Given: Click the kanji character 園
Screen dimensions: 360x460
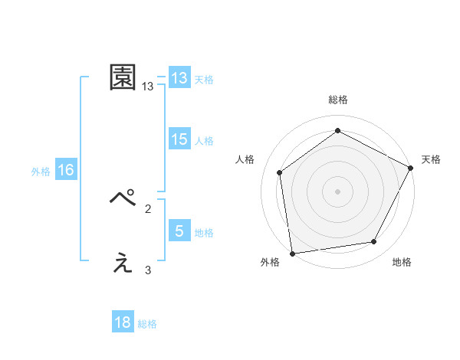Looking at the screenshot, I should coord(123,77).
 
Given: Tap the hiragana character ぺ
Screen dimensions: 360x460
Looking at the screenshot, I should coord(123,200).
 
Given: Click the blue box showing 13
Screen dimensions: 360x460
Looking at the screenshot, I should coord(179,78).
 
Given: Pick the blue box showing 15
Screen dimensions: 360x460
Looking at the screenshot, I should coord(179,139).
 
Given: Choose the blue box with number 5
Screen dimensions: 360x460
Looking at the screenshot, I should coord(179,231).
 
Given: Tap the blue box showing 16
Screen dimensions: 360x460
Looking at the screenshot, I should coord(66,170).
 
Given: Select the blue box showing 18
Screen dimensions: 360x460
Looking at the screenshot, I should coord(123,322).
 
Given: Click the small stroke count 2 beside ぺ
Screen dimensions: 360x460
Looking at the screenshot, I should coord(148,208).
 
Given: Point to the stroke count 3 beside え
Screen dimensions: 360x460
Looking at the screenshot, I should coord(148,270).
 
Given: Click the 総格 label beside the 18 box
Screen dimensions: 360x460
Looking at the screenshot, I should coord(147,324).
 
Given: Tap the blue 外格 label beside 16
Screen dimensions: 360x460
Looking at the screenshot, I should coord(41,172).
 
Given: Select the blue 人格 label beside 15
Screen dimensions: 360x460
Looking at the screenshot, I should coord(204,141).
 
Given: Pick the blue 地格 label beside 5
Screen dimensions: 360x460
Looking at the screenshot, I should coord(204,233).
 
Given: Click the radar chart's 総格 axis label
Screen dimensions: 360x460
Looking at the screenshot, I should coord(337,100).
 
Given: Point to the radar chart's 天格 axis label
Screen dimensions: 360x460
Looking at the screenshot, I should coord(431,159).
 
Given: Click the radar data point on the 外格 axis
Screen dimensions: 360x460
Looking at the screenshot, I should coord(292,253).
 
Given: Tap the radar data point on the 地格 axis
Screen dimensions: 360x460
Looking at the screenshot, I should coord(374,242).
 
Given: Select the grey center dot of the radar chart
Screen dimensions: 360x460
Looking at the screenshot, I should coord(337,191).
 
